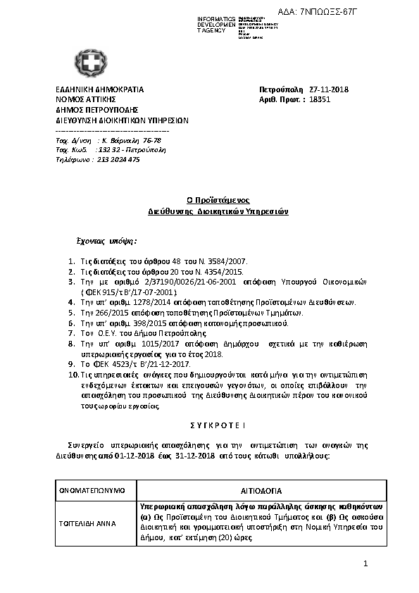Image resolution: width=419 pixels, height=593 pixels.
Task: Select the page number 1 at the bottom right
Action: [x=366, y=564]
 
